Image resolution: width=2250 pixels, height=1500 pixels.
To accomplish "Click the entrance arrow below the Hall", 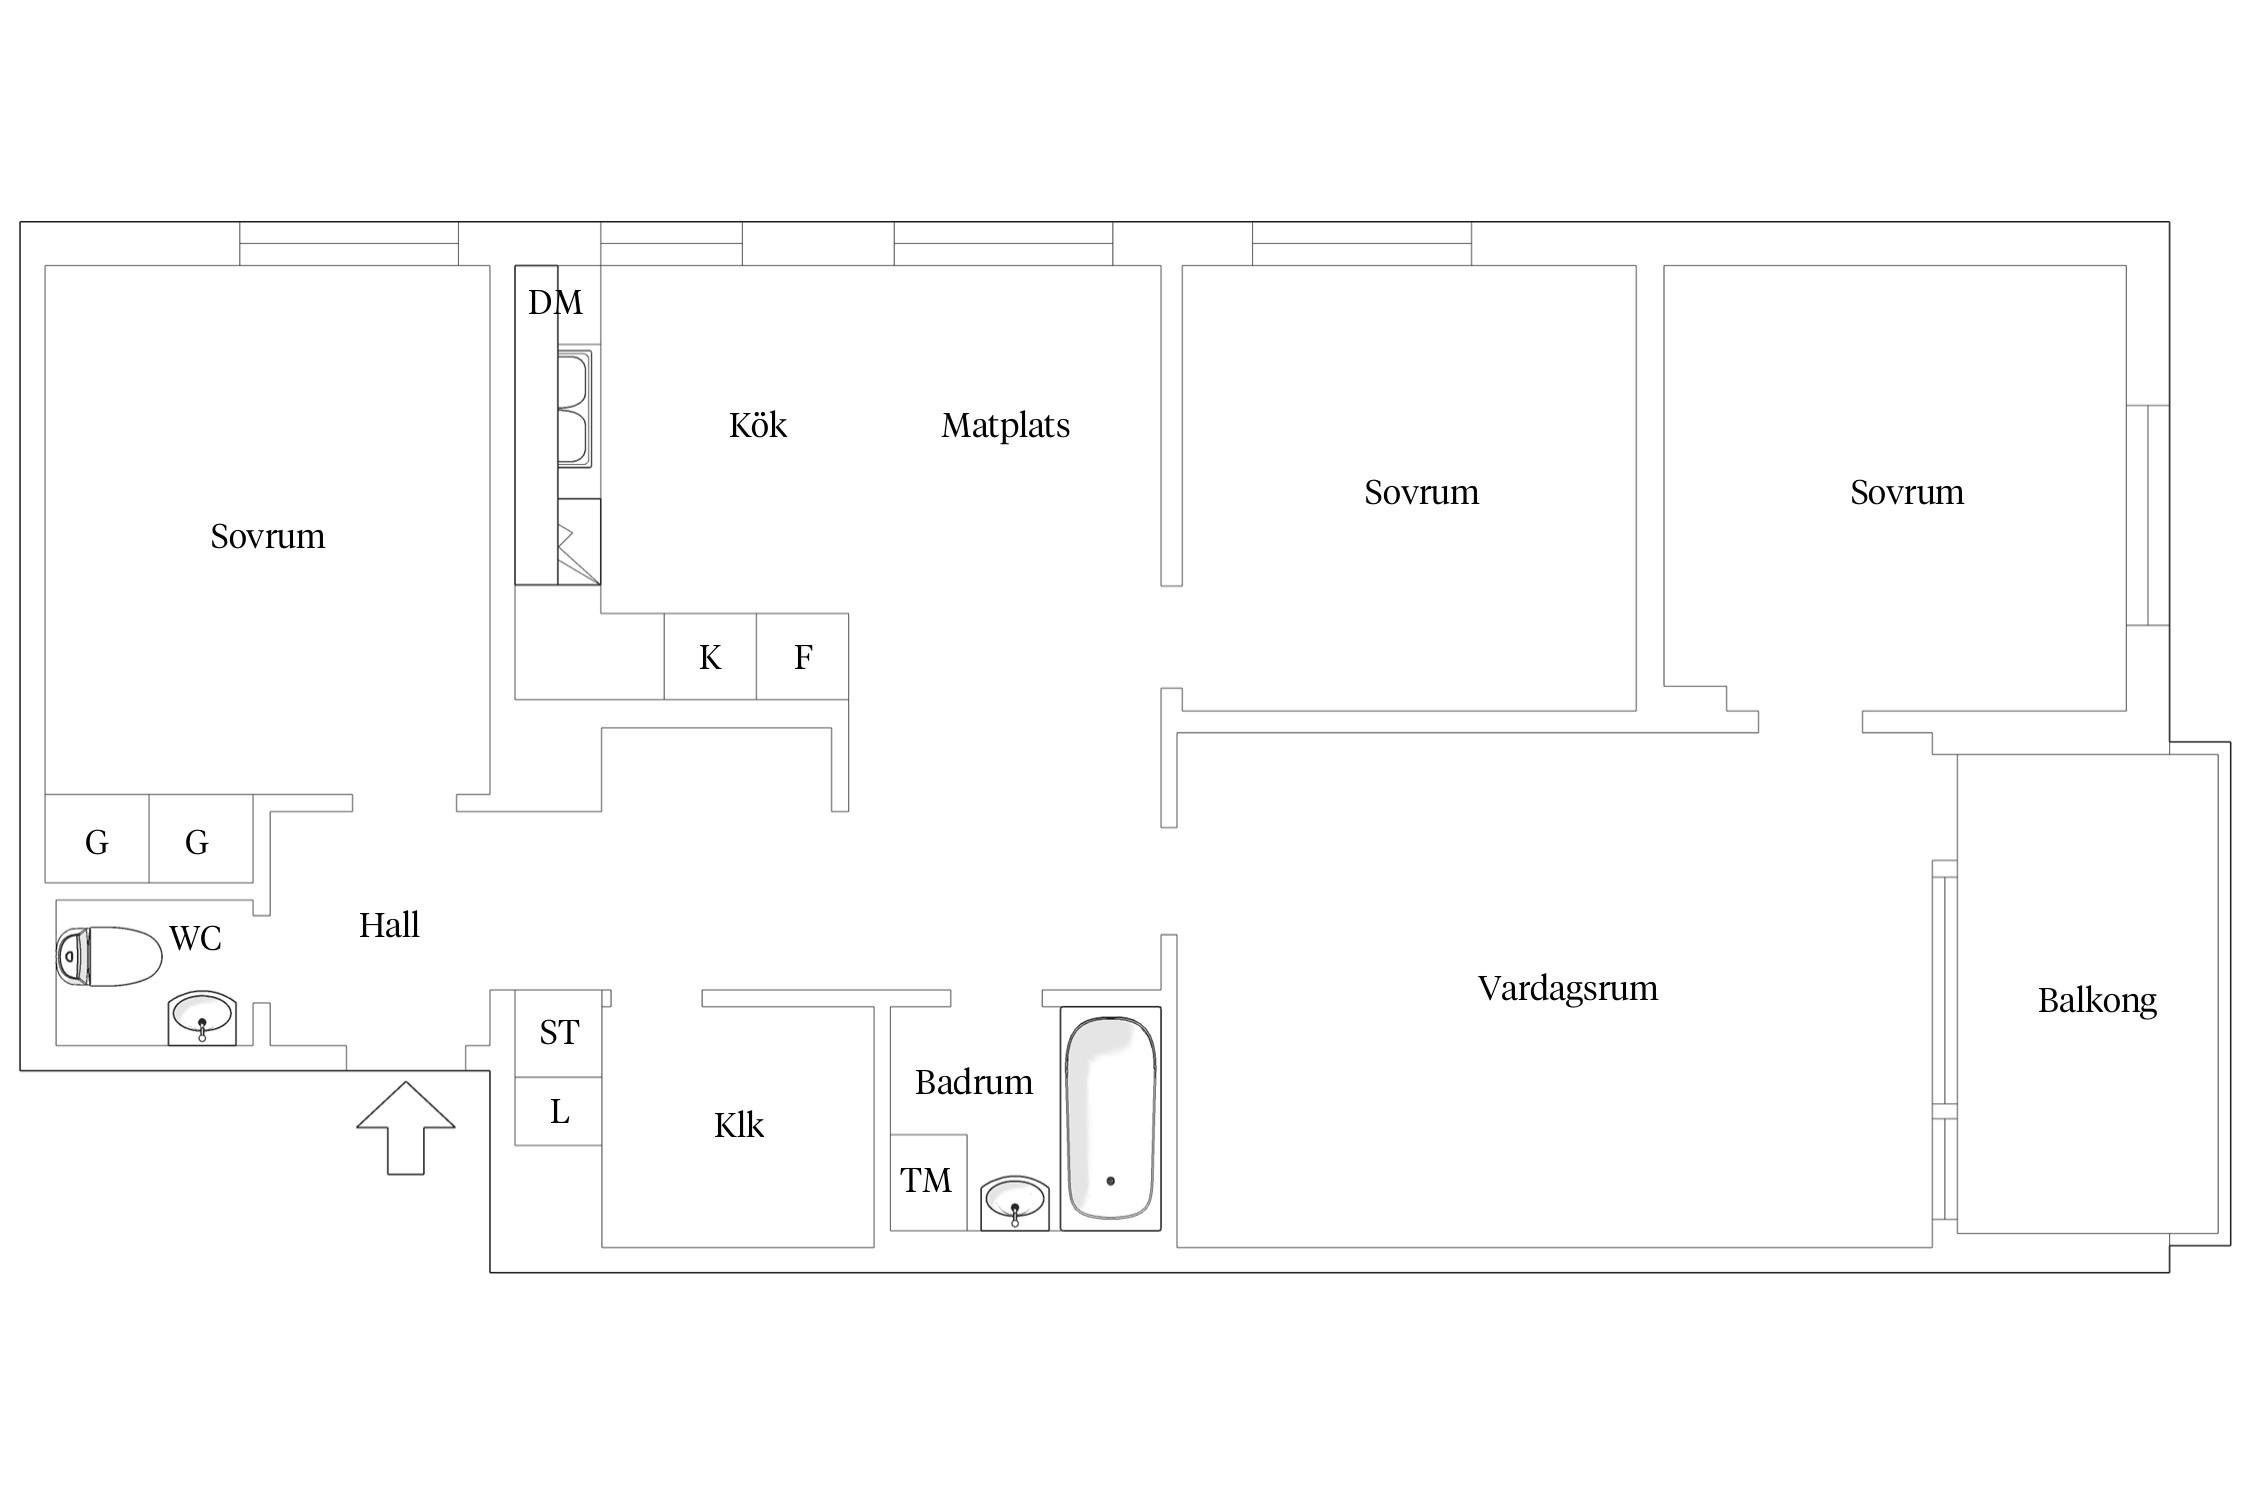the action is (406, 1128).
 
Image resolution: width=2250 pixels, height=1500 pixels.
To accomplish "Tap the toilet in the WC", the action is (109, 957).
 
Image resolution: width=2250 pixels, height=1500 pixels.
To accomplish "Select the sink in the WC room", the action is (202, 1018).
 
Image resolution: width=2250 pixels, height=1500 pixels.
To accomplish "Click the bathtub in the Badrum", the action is (1111, 1119).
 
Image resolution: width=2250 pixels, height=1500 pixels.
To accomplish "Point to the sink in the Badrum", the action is (1015, 1203).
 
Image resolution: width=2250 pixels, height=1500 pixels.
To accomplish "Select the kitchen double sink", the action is (575, 408).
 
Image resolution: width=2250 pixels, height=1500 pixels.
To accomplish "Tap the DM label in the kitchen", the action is (555, 302).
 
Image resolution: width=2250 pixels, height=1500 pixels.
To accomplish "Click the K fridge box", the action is (710, 656).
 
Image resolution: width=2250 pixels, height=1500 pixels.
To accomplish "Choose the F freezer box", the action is (803, 656).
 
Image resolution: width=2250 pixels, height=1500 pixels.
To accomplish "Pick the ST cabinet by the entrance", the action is (558, 1033).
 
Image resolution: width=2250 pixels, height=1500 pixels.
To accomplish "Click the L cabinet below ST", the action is (558, 1111).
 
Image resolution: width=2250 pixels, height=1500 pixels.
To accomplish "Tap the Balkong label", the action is (2097, 1001).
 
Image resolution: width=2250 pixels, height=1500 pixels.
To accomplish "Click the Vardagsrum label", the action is (1568, 989).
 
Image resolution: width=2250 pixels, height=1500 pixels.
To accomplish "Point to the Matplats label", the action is (1005, 426).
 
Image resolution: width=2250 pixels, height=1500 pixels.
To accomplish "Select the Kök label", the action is (758, 425).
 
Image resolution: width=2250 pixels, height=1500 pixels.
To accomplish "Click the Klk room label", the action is (739, 1125).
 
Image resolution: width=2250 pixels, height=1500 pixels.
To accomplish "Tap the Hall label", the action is (389, 925).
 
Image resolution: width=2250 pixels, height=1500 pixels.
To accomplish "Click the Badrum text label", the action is (974, 1082).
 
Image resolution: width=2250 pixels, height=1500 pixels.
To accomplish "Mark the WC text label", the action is (195, 938).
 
